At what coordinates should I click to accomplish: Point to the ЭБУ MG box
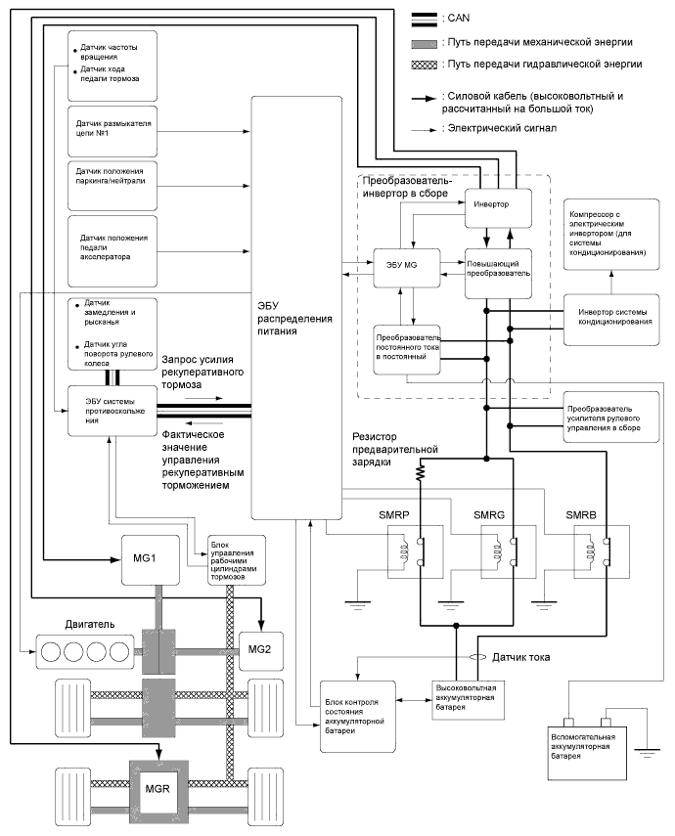pyautogui.click(x=402, y=266)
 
